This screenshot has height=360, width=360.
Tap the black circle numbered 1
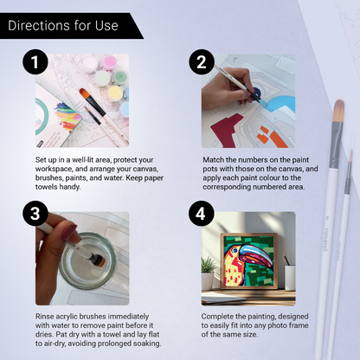(x=34, y=63)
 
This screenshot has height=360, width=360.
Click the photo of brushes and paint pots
(x=82, y=101)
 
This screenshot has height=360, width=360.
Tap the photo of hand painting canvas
(x=248, y=101)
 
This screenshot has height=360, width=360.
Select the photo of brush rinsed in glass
(x=82, y=258)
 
